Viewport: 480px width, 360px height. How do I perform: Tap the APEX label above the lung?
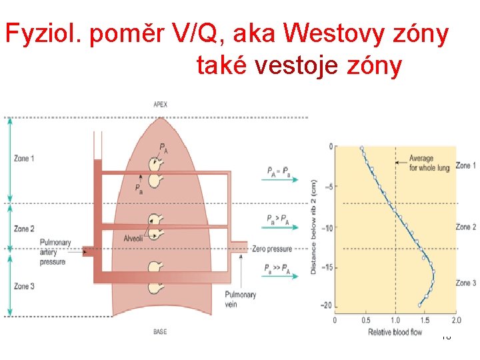[161, 104]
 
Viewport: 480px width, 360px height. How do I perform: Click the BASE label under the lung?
[160, 331]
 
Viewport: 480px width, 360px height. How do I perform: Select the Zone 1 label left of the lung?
[24, 158]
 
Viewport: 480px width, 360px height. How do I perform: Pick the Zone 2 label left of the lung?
[24, 229]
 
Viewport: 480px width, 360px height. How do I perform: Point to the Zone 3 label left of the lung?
[24, 286]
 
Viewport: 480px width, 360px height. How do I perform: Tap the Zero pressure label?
[272, 249]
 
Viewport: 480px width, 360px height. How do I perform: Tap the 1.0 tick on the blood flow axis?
[395, 320]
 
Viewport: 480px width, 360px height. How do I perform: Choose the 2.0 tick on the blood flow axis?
[456, 320]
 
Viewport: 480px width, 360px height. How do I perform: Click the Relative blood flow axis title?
[395, 331]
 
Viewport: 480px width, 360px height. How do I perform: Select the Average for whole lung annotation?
[429, 163]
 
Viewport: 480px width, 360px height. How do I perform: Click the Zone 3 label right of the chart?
[465, 283]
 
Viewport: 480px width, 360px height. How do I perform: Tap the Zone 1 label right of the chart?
[465, 165]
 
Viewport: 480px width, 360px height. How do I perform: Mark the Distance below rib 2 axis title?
[313, 227]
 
